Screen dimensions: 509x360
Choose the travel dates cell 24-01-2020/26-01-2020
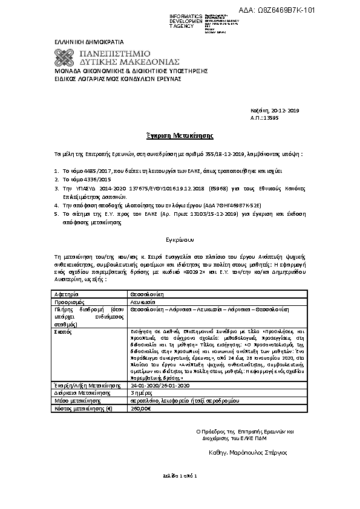tap(160, 384)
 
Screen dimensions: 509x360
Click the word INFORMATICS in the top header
tap(186, 16)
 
